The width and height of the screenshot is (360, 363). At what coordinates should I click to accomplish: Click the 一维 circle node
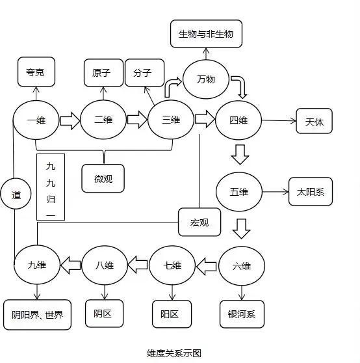tap(36, 120)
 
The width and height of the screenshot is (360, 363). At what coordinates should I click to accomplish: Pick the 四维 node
tap(238, 120)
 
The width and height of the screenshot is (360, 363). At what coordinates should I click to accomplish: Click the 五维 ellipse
tap(238, 193)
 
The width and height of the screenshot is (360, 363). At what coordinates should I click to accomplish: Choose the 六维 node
tap(241, 265)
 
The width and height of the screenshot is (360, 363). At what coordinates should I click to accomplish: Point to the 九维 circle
tap(37, 265)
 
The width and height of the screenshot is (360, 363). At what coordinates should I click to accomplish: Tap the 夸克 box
tap(36, 72)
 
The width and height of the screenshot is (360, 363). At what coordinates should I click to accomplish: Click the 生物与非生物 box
tap(205, 33)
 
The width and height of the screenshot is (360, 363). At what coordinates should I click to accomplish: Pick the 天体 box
tap(314, 122)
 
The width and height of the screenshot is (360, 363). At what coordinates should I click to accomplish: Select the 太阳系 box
tap(310, 193)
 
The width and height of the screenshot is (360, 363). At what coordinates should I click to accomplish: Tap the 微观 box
tap(103, 178)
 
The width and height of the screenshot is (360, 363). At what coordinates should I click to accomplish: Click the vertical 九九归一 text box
tap(51, 187)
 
